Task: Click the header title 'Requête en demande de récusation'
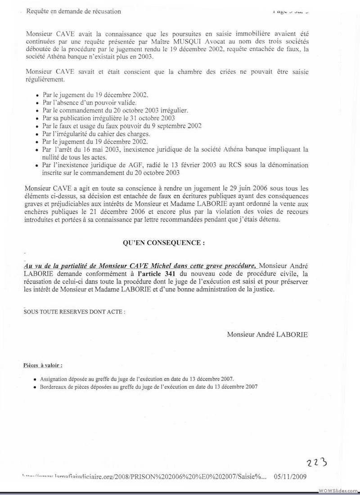[x=74, y=11]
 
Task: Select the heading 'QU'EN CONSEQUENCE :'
[x=164, y=243]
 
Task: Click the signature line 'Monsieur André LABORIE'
[x=267, y=334]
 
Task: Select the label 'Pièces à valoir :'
[x=43, y=365]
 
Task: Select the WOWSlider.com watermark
[x=338, y=490]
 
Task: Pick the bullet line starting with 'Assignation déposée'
[x=137, y=379]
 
